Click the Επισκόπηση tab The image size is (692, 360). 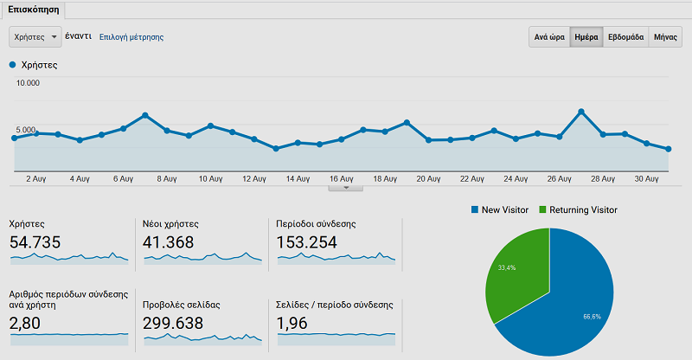tap(34, 10)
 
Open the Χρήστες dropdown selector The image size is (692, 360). tap(35, 37)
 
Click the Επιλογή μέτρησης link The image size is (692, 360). tap(131, 37)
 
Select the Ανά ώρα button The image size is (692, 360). tap(549, 38)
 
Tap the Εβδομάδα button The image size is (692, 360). tap(625, 38)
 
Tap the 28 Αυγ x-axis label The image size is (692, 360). tap(603, 179)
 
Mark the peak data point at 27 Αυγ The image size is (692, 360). tap(581, 111)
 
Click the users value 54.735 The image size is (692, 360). tap(35, 242)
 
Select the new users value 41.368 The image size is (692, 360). tap(169, 242)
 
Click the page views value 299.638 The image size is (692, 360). tap(173, 323)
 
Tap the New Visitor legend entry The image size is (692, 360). tap(501, 210)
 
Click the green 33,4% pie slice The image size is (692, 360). tap(514, 273)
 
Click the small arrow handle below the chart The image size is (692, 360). tap(346, 187)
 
